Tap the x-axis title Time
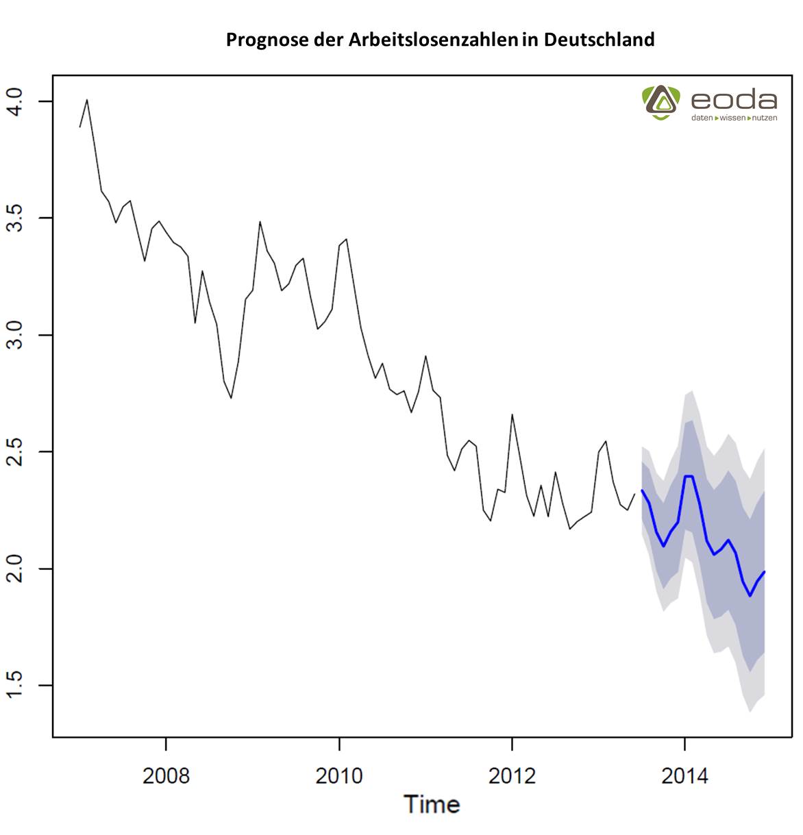pyautogui.click(x=432, y=804)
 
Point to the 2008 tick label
pyautogui.click(x=166, y=775)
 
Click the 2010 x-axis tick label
pyautogui.click(x=338, y=775)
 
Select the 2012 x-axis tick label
pyautogui.click(x=512, y=775)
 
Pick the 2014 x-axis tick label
pyautogui.click(x=684, y=775)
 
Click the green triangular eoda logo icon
pyautogui.click(x=660, y=102)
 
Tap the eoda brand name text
pyautogui.click(x=734, y=101)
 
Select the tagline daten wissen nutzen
pyautogui.click(x=734, y=118)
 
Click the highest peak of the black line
pyautogui.click(x=87, y=100)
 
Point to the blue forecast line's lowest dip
pyautogui.click(x=750, y=596)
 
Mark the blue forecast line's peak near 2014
pyautogui.click(x=689, y=476)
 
